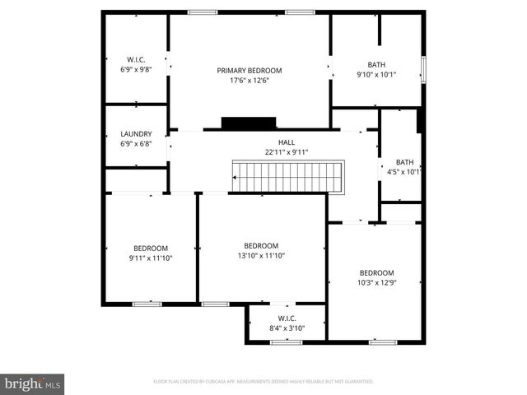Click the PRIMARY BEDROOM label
pos(250,71)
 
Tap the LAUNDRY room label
pos(136,134)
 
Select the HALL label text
pos(286,142)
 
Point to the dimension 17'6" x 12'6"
pos(250,81)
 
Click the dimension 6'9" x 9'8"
pos(136,70)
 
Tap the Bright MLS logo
pos(33,383)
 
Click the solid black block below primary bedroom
pos(248,123)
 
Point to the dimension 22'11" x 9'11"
pos(286,152)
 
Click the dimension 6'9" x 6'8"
pos(136,144)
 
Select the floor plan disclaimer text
pos(263,382)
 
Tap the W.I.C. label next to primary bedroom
pos(136,60)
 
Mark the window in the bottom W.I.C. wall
pos(287,342)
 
